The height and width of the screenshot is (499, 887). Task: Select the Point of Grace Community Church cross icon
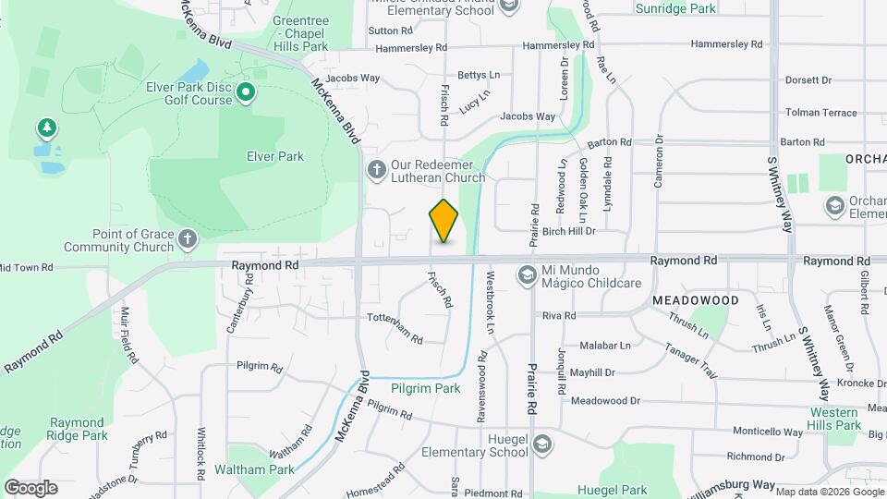[188, 240]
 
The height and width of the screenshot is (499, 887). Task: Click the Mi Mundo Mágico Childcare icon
[527, 274]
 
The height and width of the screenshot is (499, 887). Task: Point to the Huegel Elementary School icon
[542, 445]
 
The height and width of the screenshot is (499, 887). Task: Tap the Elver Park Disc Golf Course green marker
[246, 92]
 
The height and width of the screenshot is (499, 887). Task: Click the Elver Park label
[275, 156]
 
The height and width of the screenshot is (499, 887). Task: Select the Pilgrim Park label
[425, 388]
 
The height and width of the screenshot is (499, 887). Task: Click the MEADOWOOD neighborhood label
[696, 301]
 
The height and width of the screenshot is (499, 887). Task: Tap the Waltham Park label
[254, 469]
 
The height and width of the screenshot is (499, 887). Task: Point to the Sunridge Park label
[676, 8]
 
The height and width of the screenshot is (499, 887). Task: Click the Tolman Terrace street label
[821, 112]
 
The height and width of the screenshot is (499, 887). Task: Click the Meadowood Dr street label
[605, 400]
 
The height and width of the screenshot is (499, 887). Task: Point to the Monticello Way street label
[767, 432]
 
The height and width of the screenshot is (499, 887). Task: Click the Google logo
[30, 487]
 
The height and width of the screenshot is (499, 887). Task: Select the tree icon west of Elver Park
[46, 127]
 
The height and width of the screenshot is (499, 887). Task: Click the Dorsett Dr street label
[808, 79]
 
